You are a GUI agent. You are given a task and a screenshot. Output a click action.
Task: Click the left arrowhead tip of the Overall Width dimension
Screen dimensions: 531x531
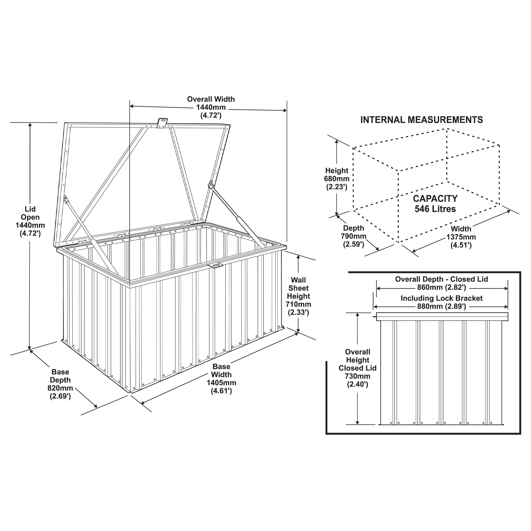coord(130,106)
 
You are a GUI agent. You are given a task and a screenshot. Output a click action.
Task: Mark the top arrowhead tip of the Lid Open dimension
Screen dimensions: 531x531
coord(30,123)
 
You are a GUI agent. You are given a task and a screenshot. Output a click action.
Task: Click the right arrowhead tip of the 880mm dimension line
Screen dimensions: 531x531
coord(508,307)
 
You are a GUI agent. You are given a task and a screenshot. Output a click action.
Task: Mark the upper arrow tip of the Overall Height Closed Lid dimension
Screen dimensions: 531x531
coord(358,313)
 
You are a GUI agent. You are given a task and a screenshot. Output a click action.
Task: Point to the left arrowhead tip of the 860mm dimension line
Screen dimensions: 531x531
coord(376,289)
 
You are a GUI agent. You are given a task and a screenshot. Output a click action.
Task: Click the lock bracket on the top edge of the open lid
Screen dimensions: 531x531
coord(162,123)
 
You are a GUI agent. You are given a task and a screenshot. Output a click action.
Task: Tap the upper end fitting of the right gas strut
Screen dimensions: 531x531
coord(211,185)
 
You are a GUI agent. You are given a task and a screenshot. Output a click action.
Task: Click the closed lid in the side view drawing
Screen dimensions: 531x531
coord(442,317)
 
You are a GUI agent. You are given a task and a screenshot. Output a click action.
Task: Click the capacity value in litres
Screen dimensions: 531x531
coord(435,209)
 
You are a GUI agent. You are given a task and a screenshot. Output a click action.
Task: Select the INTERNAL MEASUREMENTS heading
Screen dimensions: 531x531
coord(422,120)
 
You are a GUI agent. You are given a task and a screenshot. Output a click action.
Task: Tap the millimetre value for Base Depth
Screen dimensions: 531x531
coord(60,388)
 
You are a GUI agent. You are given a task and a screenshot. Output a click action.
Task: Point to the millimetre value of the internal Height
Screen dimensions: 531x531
coord(337,179)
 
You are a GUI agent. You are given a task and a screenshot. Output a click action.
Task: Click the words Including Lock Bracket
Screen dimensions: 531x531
coord(442,298)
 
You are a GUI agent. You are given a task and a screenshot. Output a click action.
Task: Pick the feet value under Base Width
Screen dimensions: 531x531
coord(221,391)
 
